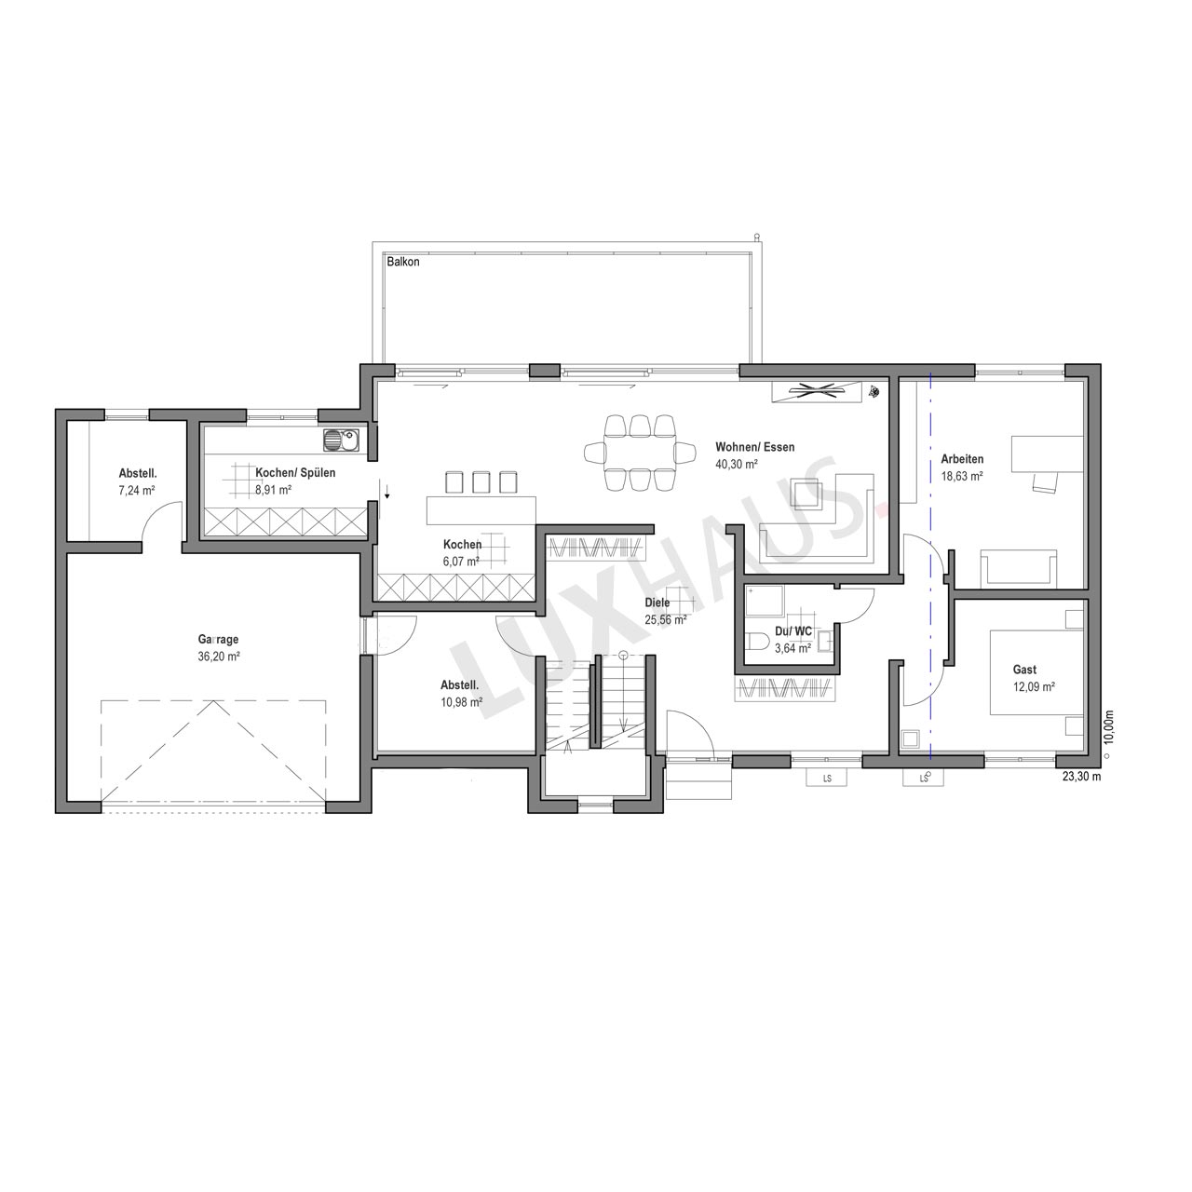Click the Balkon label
click(402, 262)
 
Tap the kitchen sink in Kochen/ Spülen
click(341, 440)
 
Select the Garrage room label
click(218, 640)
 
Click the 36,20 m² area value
click(218, 657)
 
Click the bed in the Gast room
click(1036, 672)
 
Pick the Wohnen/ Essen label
click(754, 447)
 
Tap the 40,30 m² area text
click(737, 464)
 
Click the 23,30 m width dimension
click(1082, 777)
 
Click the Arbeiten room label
click(962, 459)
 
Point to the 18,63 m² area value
click(962, 476)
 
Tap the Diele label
click(657, 603)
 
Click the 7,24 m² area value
click(137, 491)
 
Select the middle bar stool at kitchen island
click(481, 482)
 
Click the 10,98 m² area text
click(462, 702)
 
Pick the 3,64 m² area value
click(792, 648)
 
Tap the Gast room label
click(1024, 670)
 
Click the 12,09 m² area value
click(1034, 686)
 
